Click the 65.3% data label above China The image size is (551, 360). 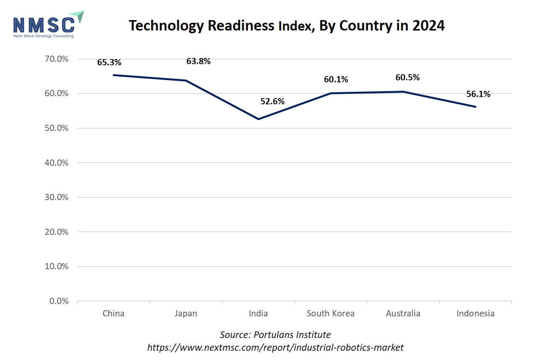(109, 62)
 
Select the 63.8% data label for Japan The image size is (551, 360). (198, 61)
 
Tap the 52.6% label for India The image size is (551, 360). (272, 101)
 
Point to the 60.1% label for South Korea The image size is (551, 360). (336, 79)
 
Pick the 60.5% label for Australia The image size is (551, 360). (407, 77)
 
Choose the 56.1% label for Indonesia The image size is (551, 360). (478, 94)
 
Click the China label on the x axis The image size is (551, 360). (114, 313)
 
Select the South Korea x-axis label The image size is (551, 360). (331, 313)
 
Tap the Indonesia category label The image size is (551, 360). (475, 313)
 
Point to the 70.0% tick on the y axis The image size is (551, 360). (56, 59)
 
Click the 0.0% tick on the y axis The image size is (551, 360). (59, 301)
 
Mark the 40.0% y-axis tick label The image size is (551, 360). (56, 163)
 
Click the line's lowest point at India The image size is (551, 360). (258, 119)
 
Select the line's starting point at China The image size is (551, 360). (114, 75)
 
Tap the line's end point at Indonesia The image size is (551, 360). (475, 107)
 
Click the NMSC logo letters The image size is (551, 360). (44, 25)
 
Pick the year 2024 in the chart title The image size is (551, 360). (428, 25)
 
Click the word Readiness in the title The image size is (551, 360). (241, 25)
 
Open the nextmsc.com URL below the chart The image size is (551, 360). (275, 347)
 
